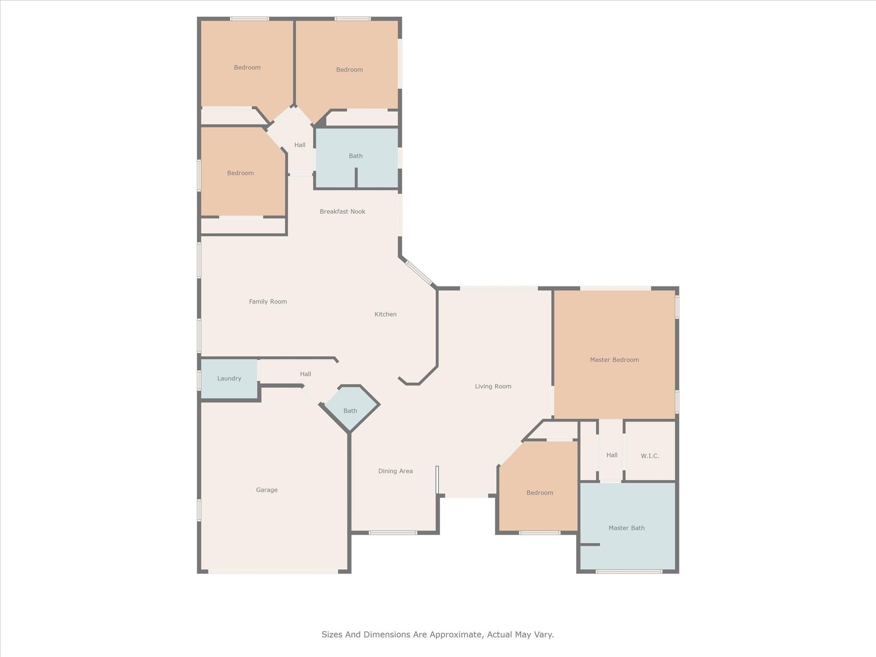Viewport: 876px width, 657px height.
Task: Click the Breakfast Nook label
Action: (342, 211)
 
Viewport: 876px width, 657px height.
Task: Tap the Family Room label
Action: (268, 302)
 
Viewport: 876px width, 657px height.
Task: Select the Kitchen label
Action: (385, 314)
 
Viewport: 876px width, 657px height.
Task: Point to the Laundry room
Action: (229, 379)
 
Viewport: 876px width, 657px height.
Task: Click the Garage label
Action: (266, 490)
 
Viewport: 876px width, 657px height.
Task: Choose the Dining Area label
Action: (395, 471)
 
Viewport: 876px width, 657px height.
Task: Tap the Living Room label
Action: (493, 386)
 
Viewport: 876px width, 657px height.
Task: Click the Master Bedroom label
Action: (614, 360)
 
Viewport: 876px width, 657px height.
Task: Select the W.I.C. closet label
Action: (650, 456)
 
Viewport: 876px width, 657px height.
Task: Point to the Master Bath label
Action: (627, 528)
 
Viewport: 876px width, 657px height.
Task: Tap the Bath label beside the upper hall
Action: (355, 156)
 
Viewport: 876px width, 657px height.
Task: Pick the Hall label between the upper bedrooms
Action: (300, 145)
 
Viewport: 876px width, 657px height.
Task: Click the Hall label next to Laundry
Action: (305, 374)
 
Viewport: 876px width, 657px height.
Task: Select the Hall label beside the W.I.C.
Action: (612, 455)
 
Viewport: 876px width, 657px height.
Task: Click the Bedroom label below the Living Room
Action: (540, 493)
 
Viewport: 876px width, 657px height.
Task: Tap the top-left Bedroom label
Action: (247, 67)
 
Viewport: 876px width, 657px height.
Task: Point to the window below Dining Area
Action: (393, 533)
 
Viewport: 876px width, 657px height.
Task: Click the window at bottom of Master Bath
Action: (629, 571)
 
